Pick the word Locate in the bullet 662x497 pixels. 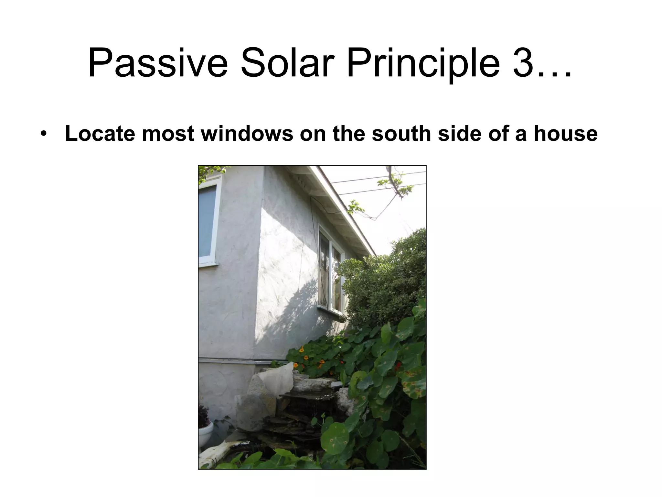pyautogui.click(x=100, y=134)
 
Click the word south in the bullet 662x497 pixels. pyautogui.click(x=401, y=134)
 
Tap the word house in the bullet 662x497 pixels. pyautogui.click(x=565, y=134)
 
